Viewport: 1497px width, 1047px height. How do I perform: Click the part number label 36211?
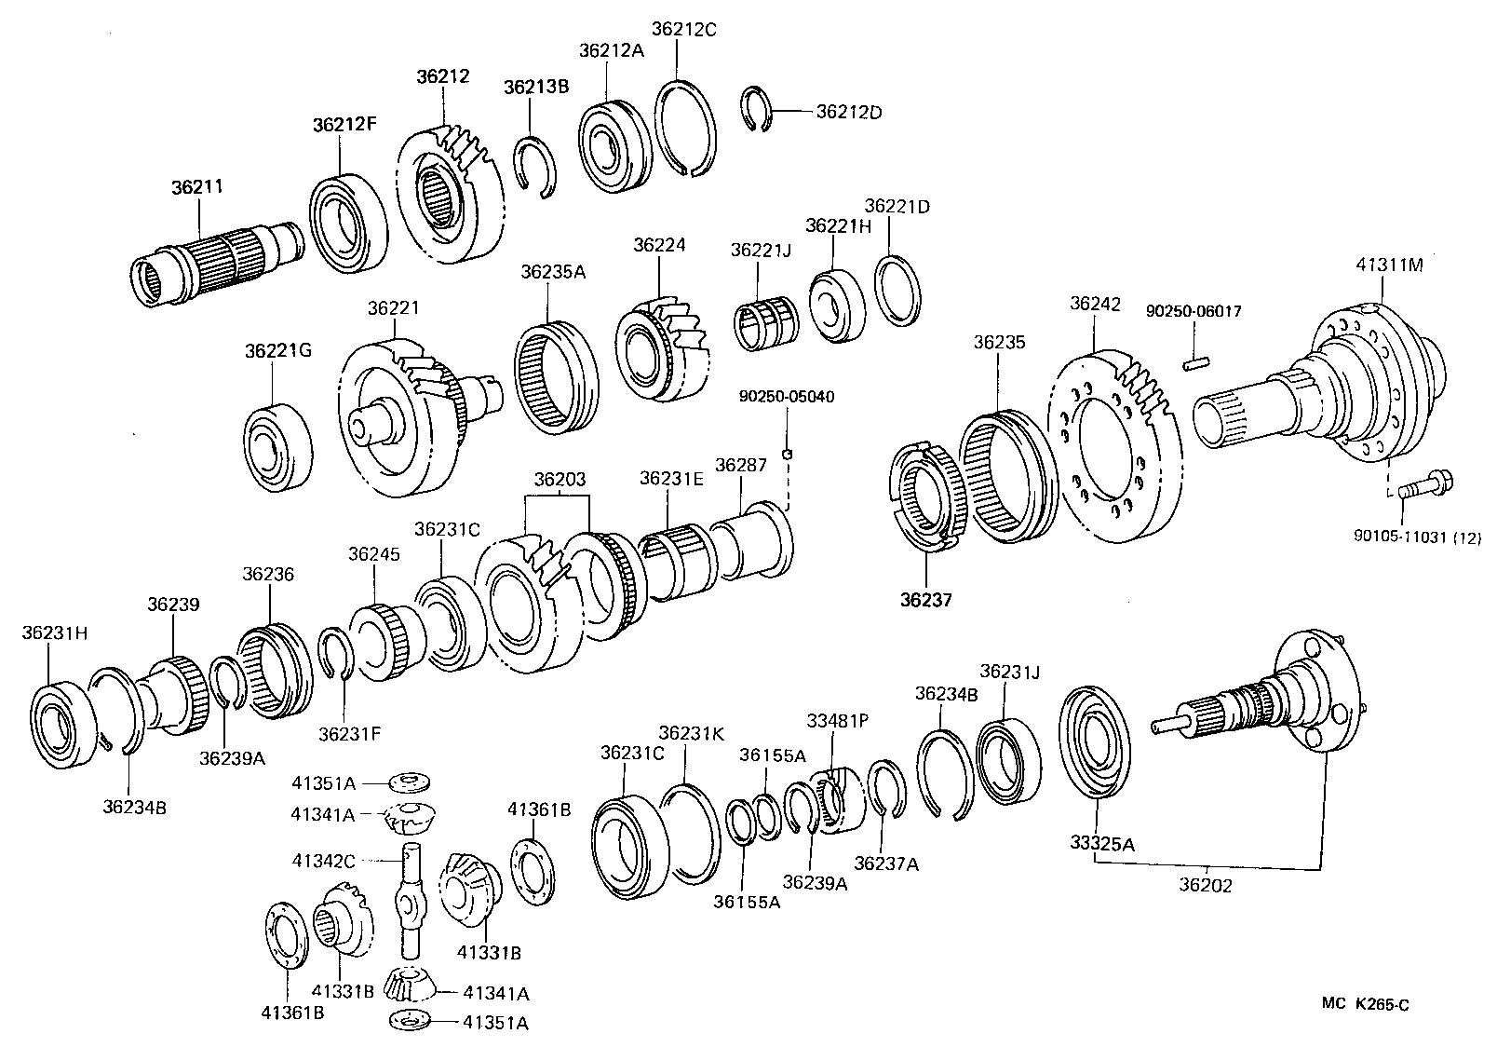(196, 186)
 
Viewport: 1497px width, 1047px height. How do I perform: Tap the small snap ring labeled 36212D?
(759, 109)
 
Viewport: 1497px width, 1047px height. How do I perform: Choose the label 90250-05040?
(787, 397)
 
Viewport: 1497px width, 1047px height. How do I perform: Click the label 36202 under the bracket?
(1205, 885)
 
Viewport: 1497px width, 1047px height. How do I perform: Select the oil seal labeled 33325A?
(1096, 742)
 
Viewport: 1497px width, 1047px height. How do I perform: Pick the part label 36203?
(560, 480)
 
